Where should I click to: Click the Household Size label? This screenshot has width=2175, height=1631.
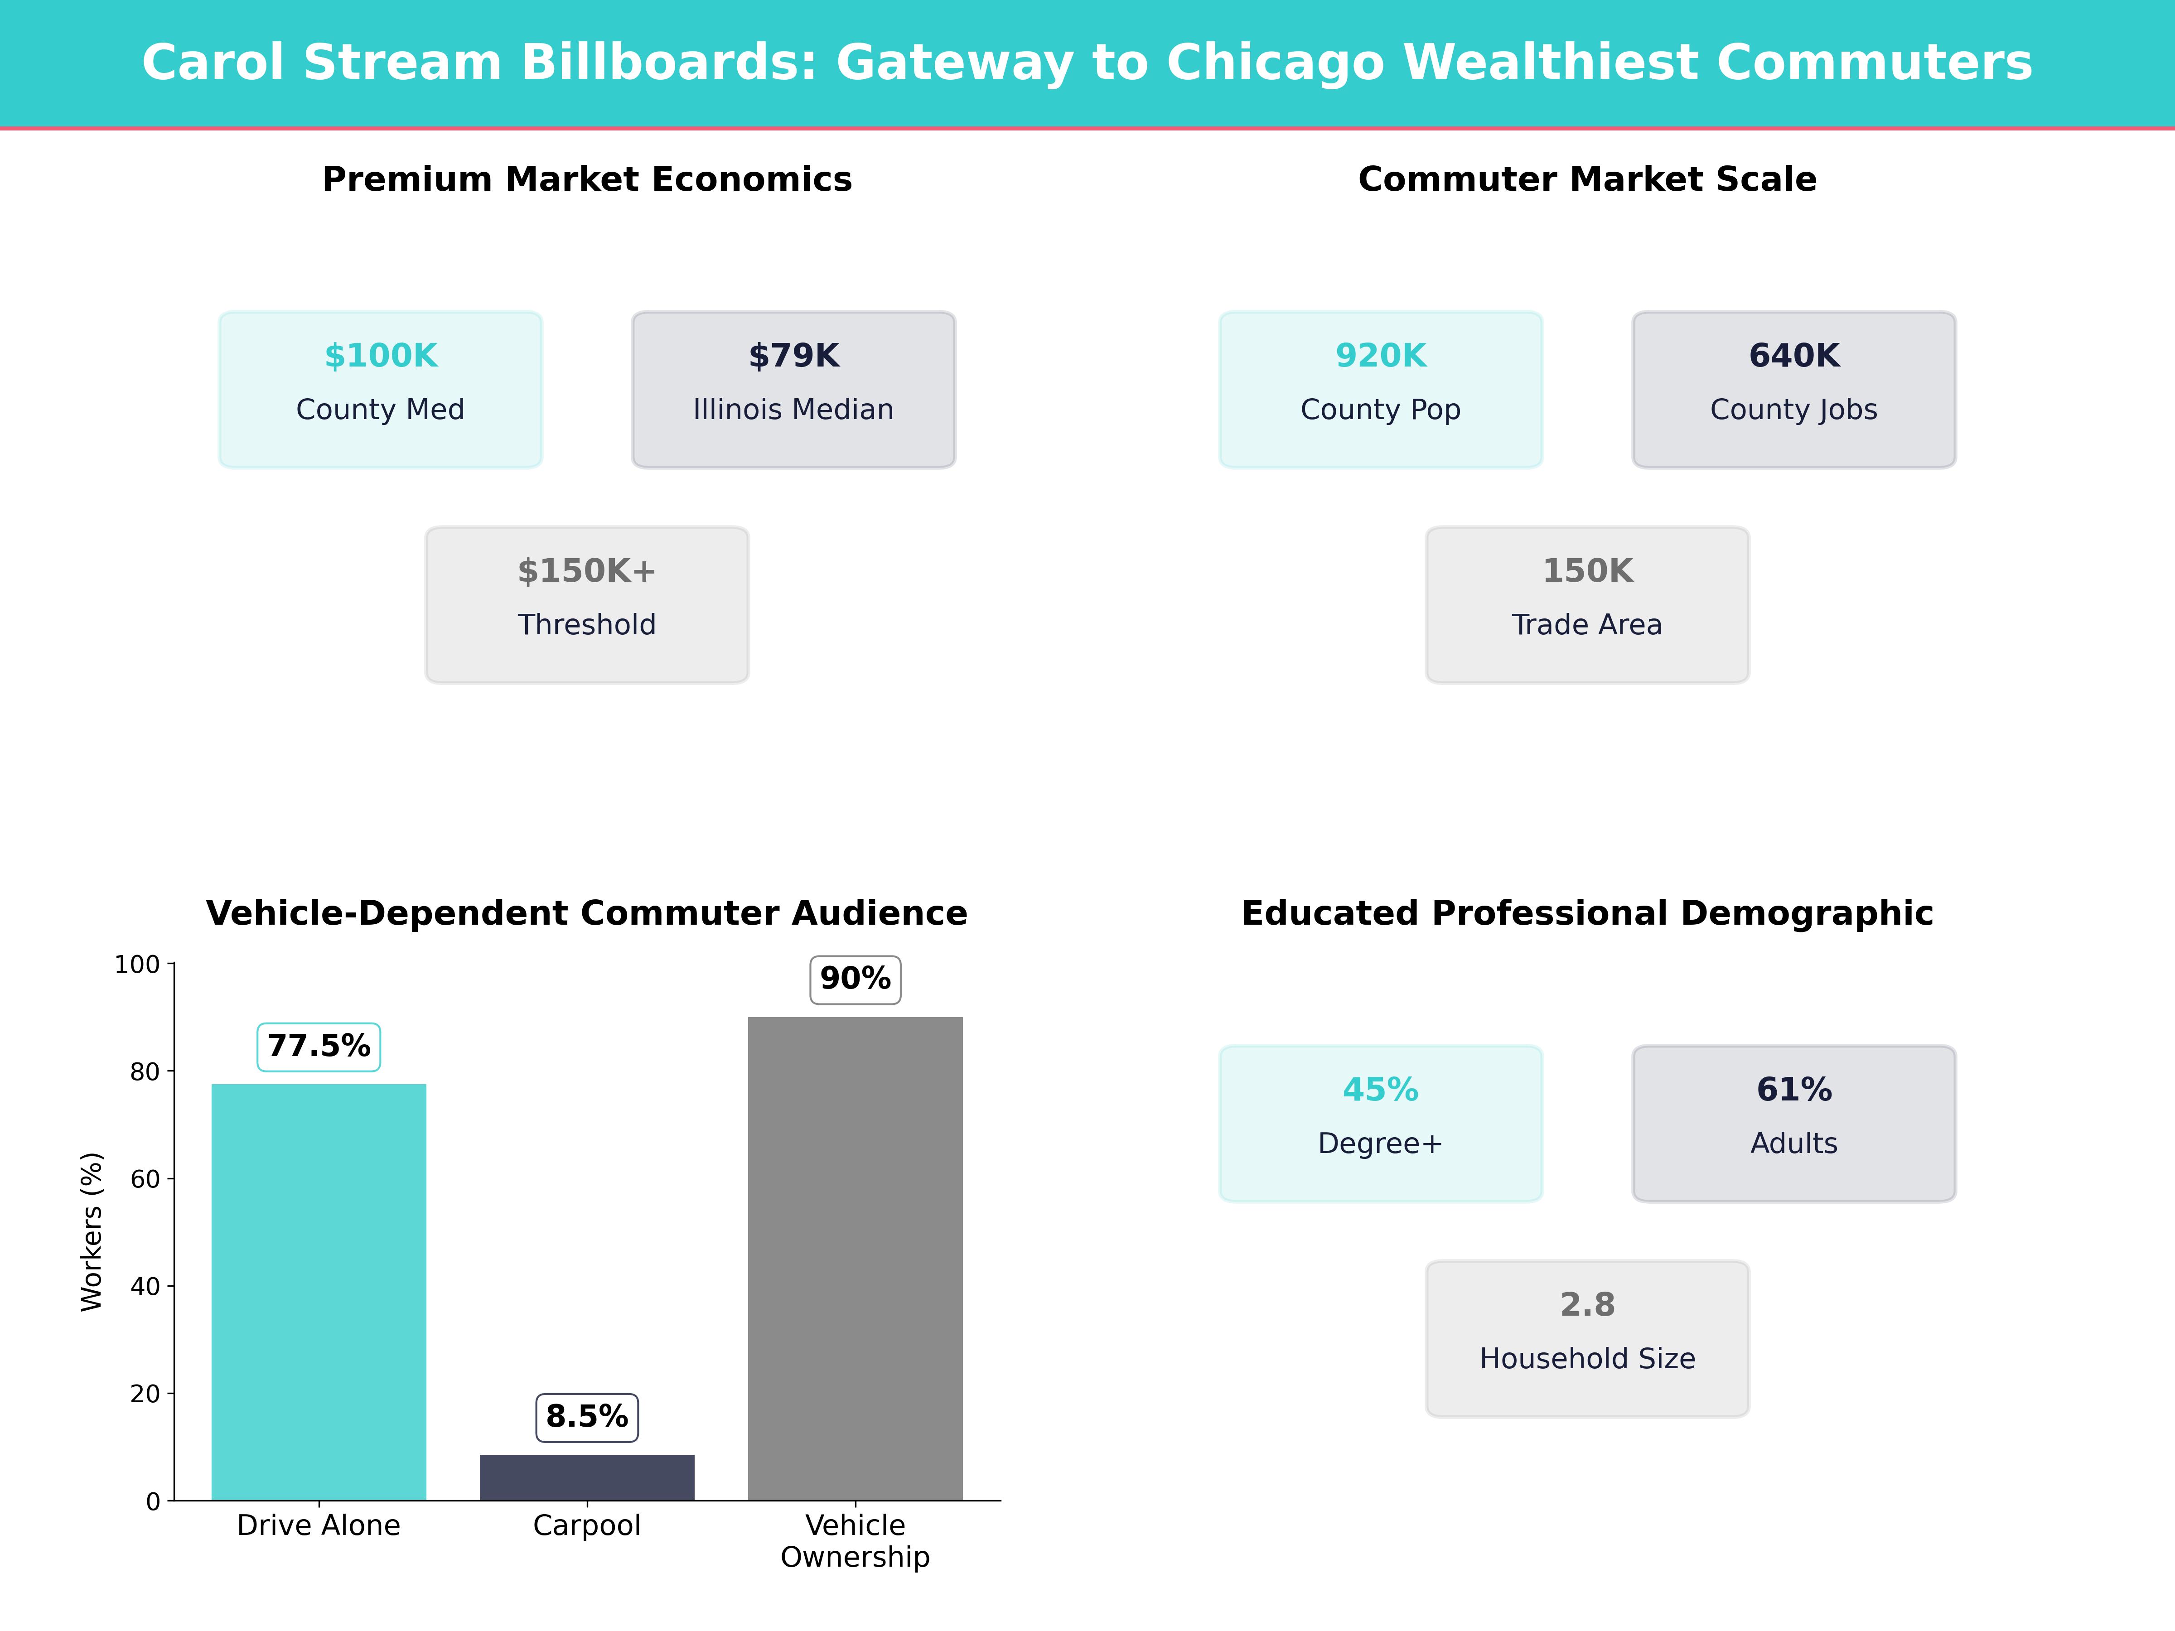(1587, 1359)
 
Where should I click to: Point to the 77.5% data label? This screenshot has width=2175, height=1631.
(319, 1046)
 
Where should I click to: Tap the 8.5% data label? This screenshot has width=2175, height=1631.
(587, 1417)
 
